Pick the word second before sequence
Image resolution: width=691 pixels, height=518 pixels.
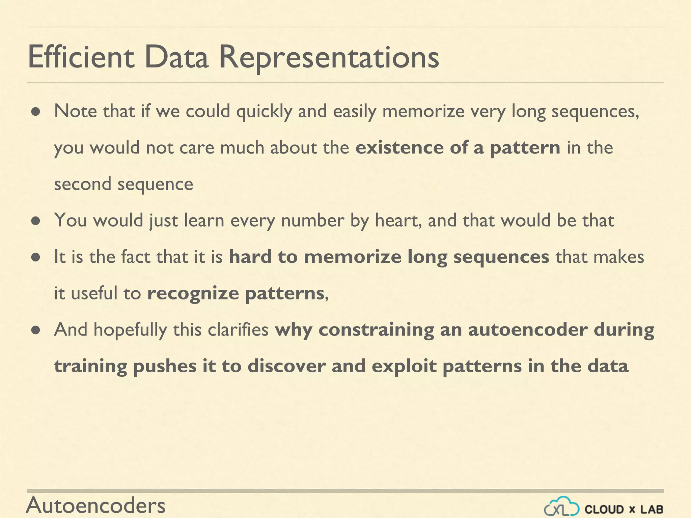pos(83,184)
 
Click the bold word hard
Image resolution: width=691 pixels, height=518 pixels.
pos(250,257)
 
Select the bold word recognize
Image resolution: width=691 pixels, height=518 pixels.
pos(193,293)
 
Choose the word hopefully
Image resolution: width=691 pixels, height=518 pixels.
pos(130,330)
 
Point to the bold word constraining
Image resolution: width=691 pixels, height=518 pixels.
pos(376,330)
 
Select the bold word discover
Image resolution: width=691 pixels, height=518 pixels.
pos(286,366)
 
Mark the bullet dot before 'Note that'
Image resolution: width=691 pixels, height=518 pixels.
pos(36,112)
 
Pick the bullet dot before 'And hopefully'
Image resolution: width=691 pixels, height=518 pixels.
pos(36,330)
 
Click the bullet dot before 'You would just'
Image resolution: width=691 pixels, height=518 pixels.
pos(36,221)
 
